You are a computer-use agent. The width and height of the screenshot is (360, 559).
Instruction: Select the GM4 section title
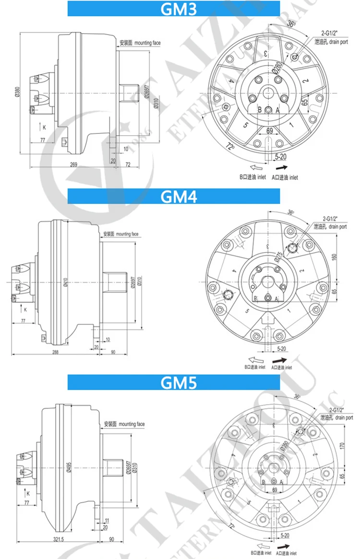tap(178, 197)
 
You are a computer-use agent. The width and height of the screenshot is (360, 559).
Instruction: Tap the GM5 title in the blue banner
tap(178, 383)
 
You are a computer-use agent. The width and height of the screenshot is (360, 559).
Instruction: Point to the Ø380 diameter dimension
tap(17, 91)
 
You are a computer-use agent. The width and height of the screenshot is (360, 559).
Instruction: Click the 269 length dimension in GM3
tap(73, 165)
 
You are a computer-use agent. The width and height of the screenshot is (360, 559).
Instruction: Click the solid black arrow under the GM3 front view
tap(282, 168)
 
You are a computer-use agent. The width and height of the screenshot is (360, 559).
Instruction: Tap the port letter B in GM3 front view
tap(260, 110)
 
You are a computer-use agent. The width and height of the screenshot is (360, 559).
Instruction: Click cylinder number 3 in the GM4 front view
tap(267, 246)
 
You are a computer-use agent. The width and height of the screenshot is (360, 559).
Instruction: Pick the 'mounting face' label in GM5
tap(131, 424)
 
